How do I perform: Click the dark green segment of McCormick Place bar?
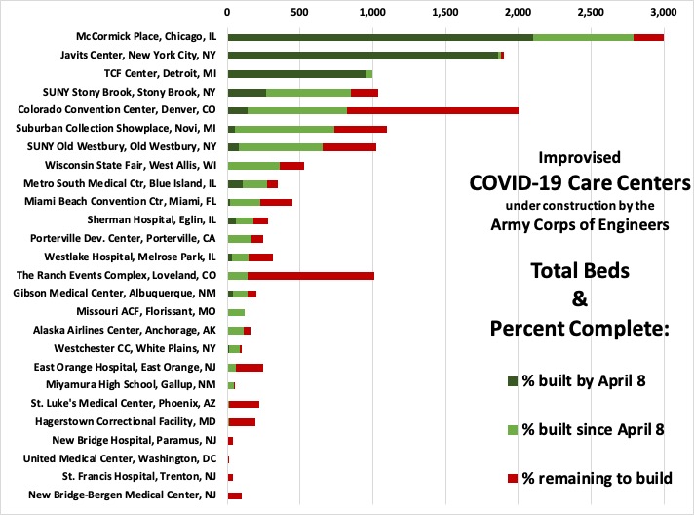[x=380, y=37]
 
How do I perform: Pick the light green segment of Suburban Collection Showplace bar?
[x=285, y=129]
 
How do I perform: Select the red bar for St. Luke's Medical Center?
[x=244, y=404]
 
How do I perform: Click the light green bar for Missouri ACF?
[x=236, y=312]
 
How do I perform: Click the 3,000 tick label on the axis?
[x=663, y=14]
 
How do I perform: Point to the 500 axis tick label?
[x=300, y=14]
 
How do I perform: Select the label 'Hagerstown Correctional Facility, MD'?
[x=125, y=422]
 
